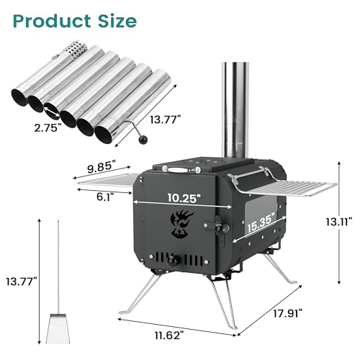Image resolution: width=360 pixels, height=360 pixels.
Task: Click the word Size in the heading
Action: pyautogui.click(x=117, y=21)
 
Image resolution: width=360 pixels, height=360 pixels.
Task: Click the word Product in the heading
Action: pyautogui.click(x=53, y=21)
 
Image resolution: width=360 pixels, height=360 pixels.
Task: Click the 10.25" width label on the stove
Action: pyautogui.click(x=184, y=198)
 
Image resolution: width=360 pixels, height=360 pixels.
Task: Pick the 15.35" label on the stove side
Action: pyautogui.click(x=261, y=223)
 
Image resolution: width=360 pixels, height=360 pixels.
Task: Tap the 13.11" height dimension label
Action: pyautogui.click(x=339, y=222)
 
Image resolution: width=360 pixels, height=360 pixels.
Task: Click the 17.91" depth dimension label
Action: pyautogui.click(x=288, y=313)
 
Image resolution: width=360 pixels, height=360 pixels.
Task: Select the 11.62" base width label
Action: pyautogui.click(x=171, y=336)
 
